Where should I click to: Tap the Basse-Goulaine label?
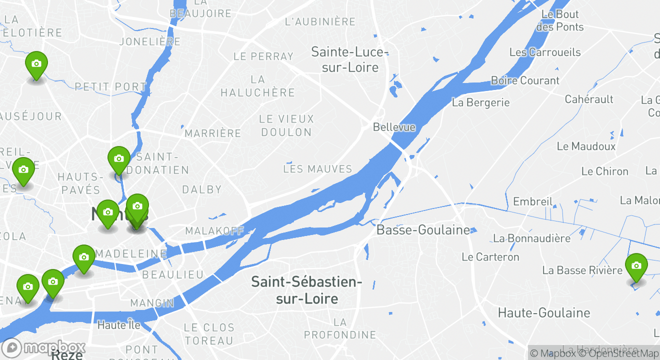[x=423, y=230]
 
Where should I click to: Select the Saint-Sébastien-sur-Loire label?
[x=306, y=290]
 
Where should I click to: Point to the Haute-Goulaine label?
[x=544, y=313]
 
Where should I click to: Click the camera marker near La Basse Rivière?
[x=636, y=266]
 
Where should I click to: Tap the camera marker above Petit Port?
[x=36, y=64]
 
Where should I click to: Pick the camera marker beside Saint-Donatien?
[x=118, y=159]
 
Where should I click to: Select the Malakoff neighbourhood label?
[x=214, y=231]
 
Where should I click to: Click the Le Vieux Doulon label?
[x=286, y=125]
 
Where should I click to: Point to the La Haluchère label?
[x=257, y=86]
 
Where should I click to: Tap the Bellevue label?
[x=394, y=127]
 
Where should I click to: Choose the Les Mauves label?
[x=317, y=169]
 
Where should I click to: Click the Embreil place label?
[x=532, y=201]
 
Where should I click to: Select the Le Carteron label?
[x=490, y=257]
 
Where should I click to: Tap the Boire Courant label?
[x=525, y=80]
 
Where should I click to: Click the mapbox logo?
[x=43, y=347]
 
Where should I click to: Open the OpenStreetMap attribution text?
[x=619, y=353]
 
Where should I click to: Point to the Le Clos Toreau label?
[x=209, y=334]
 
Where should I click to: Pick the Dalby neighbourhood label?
[x=201, y=189]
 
